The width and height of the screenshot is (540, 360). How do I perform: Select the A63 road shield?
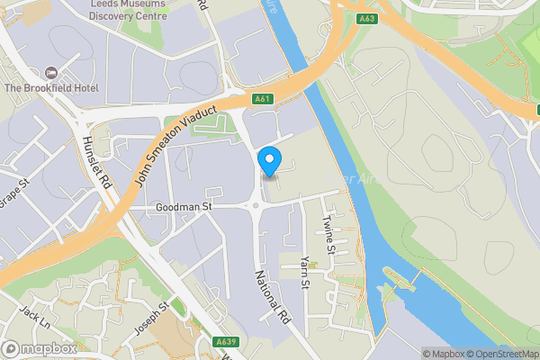366,17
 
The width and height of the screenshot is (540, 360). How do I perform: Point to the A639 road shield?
225,341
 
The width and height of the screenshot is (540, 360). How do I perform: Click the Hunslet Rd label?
96,162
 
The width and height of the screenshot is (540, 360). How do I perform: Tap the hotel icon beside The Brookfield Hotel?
50,72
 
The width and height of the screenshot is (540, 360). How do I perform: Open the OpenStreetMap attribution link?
501,354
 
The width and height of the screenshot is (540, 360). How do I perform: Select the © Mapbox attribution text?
443,354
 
